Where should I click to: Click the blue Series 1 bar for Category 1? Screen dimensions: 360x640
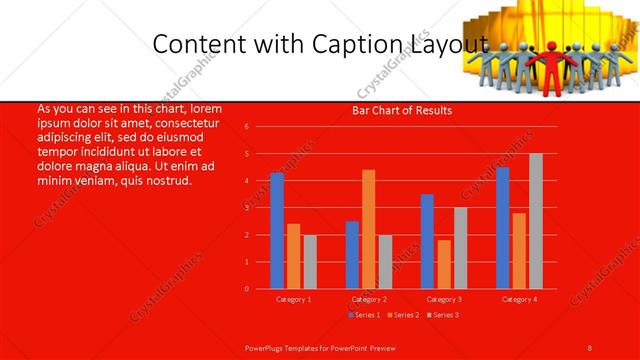click(277, 231)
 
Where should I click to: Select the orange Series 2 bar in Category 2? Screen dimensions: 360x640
click(368, 229)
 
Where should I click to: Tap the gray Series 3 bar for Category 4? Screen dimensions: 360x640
click(535, 221)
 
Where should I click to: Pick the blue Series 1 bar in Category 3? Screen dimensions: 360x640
click(427, 241)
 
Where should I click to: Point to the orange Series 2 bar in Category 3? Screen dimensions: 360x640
click(444, 264)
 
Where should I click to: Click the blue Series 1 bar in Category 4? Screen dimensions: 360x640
click(502, 228)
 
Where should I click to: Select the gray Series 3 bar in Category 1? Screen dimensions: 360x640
click(310, 262)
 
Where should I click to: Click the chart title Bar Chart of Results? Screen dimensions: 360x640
click(402, 110)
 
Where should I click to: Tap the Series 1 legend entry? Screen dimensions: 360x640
click(364, 315)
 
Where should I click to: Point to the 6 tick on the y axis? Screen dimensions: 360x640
click(247, 127)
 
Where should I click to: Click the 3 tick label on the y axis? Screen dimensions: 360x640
click(247, 208)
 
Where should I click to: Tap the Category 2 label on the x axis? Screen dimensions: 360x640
click(368, 299)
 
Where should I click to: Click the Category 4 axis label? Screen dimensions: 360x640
click(518, 299)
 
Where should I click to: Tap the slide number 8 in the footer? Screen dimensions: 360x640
click(590, 347)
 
